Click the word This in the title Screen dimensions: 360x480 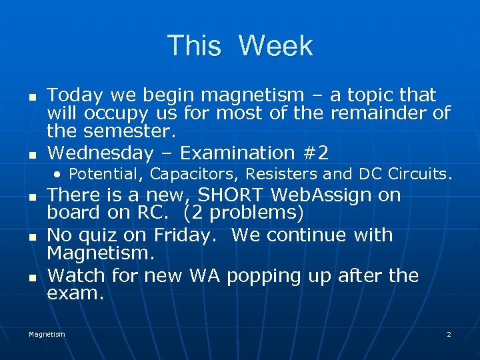coord(194,46)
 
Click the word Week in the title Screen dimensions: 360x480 coord(275,46)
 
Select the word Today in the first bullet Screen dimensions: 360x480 coord(73,95)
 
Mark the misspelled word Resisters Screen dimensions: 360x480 coord(282,175)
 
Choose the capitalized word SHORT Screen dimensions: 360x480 coord(221,195)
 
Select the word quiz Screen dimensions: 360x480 coord(101,235)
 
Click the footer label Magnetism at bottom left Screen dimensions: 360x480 coord(47,334)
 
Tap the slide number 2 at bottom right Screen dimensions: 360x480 coord(449,334)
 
